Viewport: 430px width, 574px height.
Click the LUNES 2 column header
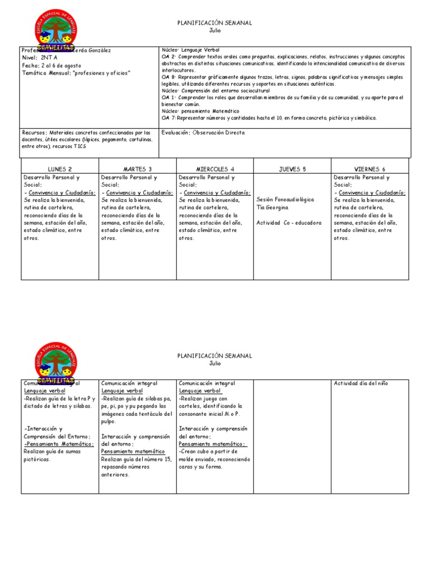[59, 169]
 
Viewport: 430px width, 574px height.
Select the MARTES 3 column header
[137, 169]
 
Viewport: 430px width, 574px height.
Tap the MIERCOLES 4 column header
[215, 169]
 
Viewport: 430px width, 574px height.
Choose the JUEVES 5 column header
[292, 169]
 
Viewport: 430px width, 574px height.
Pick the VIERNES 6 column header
[370, 169]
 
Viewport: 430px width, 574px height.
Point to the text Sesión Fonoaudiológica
[284, 199]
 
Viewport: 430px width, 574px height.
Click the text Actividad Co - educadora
[289, 223]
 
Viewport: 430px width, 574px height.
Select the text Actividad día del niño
[361, 383]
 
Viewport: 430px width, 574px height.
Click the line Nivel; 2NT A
[38, 58]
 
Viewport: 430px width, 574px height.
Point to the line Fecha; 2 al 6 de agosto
[49, 66]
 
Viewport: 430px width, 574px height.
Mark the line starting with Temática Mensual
[75, 73]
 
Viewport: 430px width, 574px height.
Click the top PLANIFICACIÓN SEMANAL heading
[214, 23]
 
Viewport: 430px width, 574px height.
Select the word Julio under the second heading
[215, 363]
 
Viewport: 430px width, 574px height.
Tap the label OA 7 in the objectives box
[169, 118]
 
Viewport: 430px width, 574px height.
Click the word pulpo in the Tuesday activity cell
[109, 422]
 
